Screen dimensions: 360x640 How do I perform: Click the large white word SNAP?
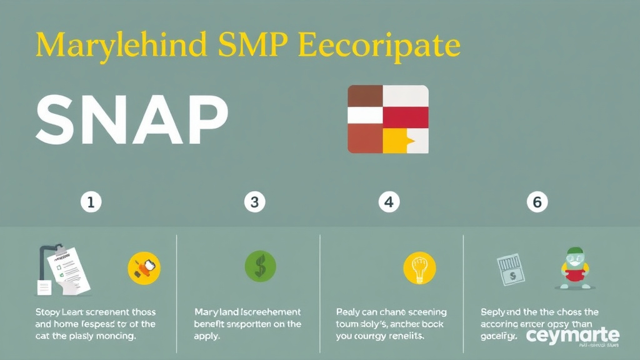[x=132, y=119]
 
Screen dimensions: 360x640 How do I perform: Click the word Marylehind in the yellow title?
[x=119, y=47]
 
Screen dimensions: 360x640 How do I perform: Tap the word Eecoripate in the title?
[x=381, y=47]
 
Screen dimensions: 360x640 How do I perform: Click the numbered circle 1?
[x=91, y=202]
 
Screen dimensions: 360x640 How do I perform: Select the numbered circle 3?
[x=254, y=202]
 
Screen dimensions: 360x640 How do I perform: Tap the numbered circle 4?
[x=389, y=202]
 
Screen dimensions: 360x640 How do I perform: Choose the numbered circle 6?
[x=537, y=202]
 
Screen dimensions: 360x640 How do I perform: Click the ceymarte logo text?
[x=572, y=336]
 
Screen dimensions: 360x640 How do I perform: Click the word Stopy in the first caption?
[x=48, y=311]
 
